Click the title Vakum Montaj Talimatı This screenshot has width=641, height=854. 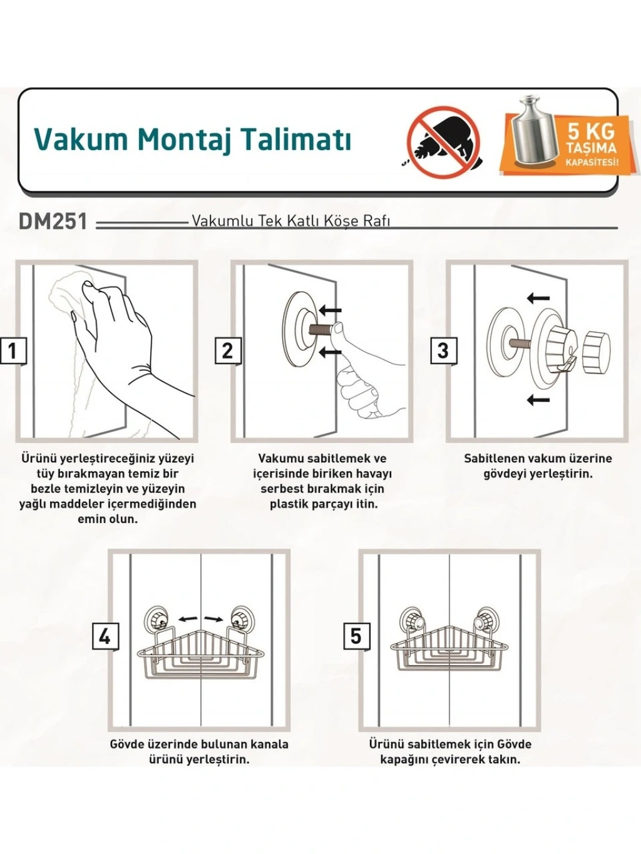pyautogui.click(x=192, y=140)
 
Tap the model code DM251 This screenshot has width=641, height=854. pyautogui.click(x=53, y=221)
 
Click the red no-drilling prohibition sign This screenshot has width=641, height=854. pyautogui.click(x=444, y=143)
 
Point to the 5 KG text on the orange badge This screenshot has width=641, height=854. pyautogui.click(x=591, y=131)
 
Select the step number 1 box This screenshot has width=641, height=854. pyautogui.click(x=13, y=352)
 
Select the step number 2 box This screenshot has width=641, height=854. pyautogui.click(x=228, y=351)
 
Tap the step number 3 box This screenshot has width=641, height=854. pyautogui.click(x=443, y=350)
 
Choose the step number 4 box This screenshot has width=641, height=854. pyautogui.click(x=105, y=637)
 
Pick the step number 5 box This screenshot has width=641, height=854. pyautogui.click(x=356, y=636)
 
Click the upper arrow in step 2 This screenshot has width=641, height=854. pyautogui.click(x=330, y=310)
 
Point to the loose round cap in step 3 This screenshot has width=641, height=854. pyautogui.click(x=596, y=352)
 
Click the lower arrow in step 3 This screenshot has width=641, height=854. pyautogui.click(x=538, y=399)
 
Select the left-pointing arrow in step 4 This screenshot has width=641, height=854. pyautogui.click(x=187, y=619)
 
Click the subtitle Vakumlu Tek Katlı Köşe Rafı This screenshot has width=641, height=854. pyautogui.click(x=290, y=221)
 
